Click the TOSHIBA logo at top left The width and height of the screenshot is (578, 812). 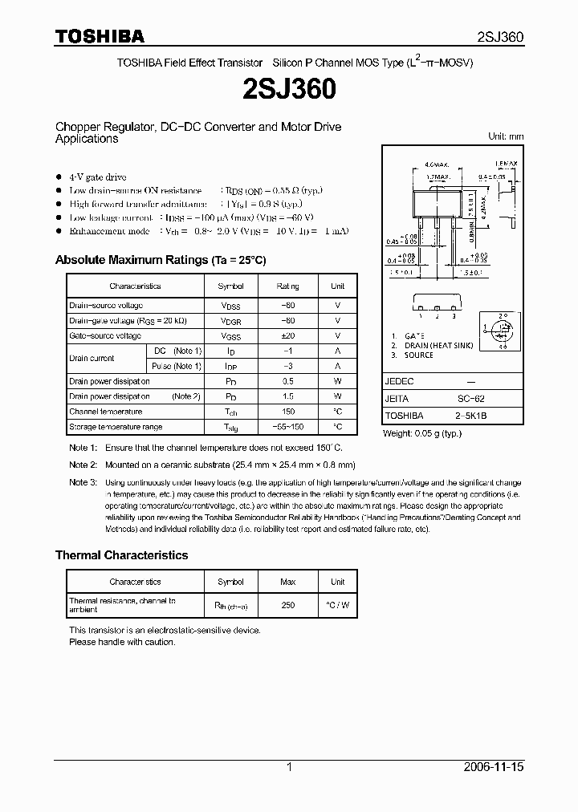(100, 36)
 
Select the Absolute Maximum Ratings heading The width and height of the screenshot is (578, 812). (160, 260)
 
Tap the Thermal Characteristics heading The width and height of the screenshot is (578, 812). (121, 555)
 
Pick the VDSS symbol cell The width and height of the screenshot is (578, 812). (230, 306)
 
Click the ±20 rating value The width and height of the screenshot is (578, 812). (287, 335)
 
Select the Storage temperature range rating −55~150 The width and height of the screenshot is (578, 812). (287, 427)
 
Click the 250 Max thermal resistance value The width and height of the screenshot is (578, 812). (287, 606)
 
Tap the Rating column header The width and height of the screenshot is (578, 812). (287, 286)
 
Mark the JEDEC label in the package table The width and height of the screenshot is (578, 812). (399, 381)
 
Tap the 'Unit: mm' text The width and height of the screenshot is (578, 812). (506, 136)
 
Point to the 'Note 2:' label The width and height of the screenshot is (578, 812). (83, 465)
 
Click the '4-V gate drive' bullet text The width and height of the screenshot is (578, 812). (98, 177)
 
